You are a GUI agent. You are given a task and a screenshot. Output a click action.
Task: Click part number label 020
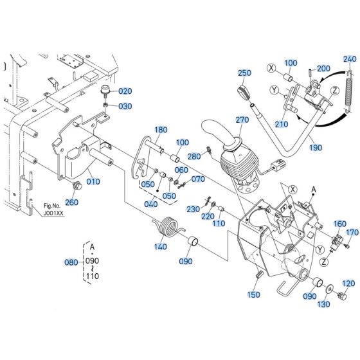click(x=125, y=91)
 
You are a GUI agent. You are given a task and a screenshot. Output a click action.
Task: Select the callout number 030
click(x=125, y=106)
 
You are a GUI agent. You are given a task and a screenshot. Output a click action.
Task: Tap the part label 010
click(x=94, y=181)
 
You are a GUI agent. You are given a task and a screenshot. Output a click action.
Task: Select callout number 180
click(x=160, y=130)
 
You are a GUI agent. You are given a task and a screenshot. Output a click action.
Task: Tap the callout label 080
click(x=71, y=262)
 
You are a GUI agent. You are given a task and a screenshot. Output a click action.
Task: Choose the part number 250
click(x=244, y=73)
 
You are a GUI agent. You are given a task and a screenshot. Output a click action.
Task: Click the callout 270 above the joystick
click(x=242, y=120)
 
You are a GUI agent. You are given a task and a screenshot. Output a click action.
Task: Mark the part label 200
click(x=323, y=68)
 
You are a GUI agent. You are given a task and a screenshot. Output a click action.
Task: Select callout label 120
click(x=348, y=283)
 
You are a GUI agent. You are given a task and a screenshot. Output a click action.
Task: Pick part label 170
click(x=352, y=232)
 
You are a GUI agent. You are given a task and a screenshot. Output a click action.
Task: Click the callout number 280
click(x=192, y=156)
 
